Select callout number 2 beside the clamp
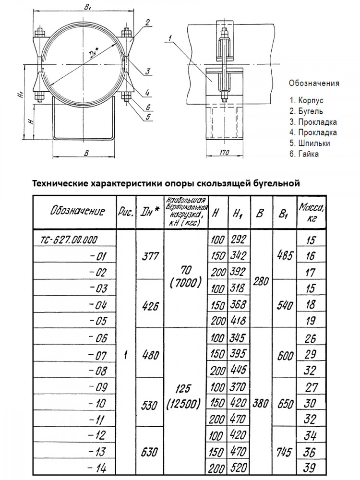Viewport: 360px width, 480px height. click(x=148, y=22)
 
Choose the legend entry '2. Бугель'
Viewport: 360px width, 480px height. click(x=306, y=111)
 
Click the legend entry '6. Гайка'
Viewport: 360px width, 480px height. click(x=304, y=154)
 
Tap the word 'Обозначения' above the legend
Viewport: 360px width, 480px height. click(x=313, y=83)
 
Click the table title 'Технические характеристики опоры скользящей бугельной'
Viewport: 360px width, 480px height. click(x=166, y=183)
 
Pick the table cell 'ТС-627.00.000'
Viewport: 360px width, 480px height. click(x=70, y=239)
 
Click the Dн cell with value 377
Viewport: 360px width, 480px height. click(x=151, y=256)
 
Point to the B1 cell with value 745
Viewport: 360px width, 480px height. click(x=285, y=452)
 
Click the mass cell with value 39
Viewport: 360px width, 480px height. click(x=311, y=468)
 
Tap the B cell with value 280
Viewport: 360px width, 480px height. click(x=260, y=281)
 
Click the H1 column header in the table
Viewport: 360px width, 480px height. click(x=238, y=213)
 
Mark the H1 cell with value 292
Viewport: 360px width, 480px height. click(x=238, y=239)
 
